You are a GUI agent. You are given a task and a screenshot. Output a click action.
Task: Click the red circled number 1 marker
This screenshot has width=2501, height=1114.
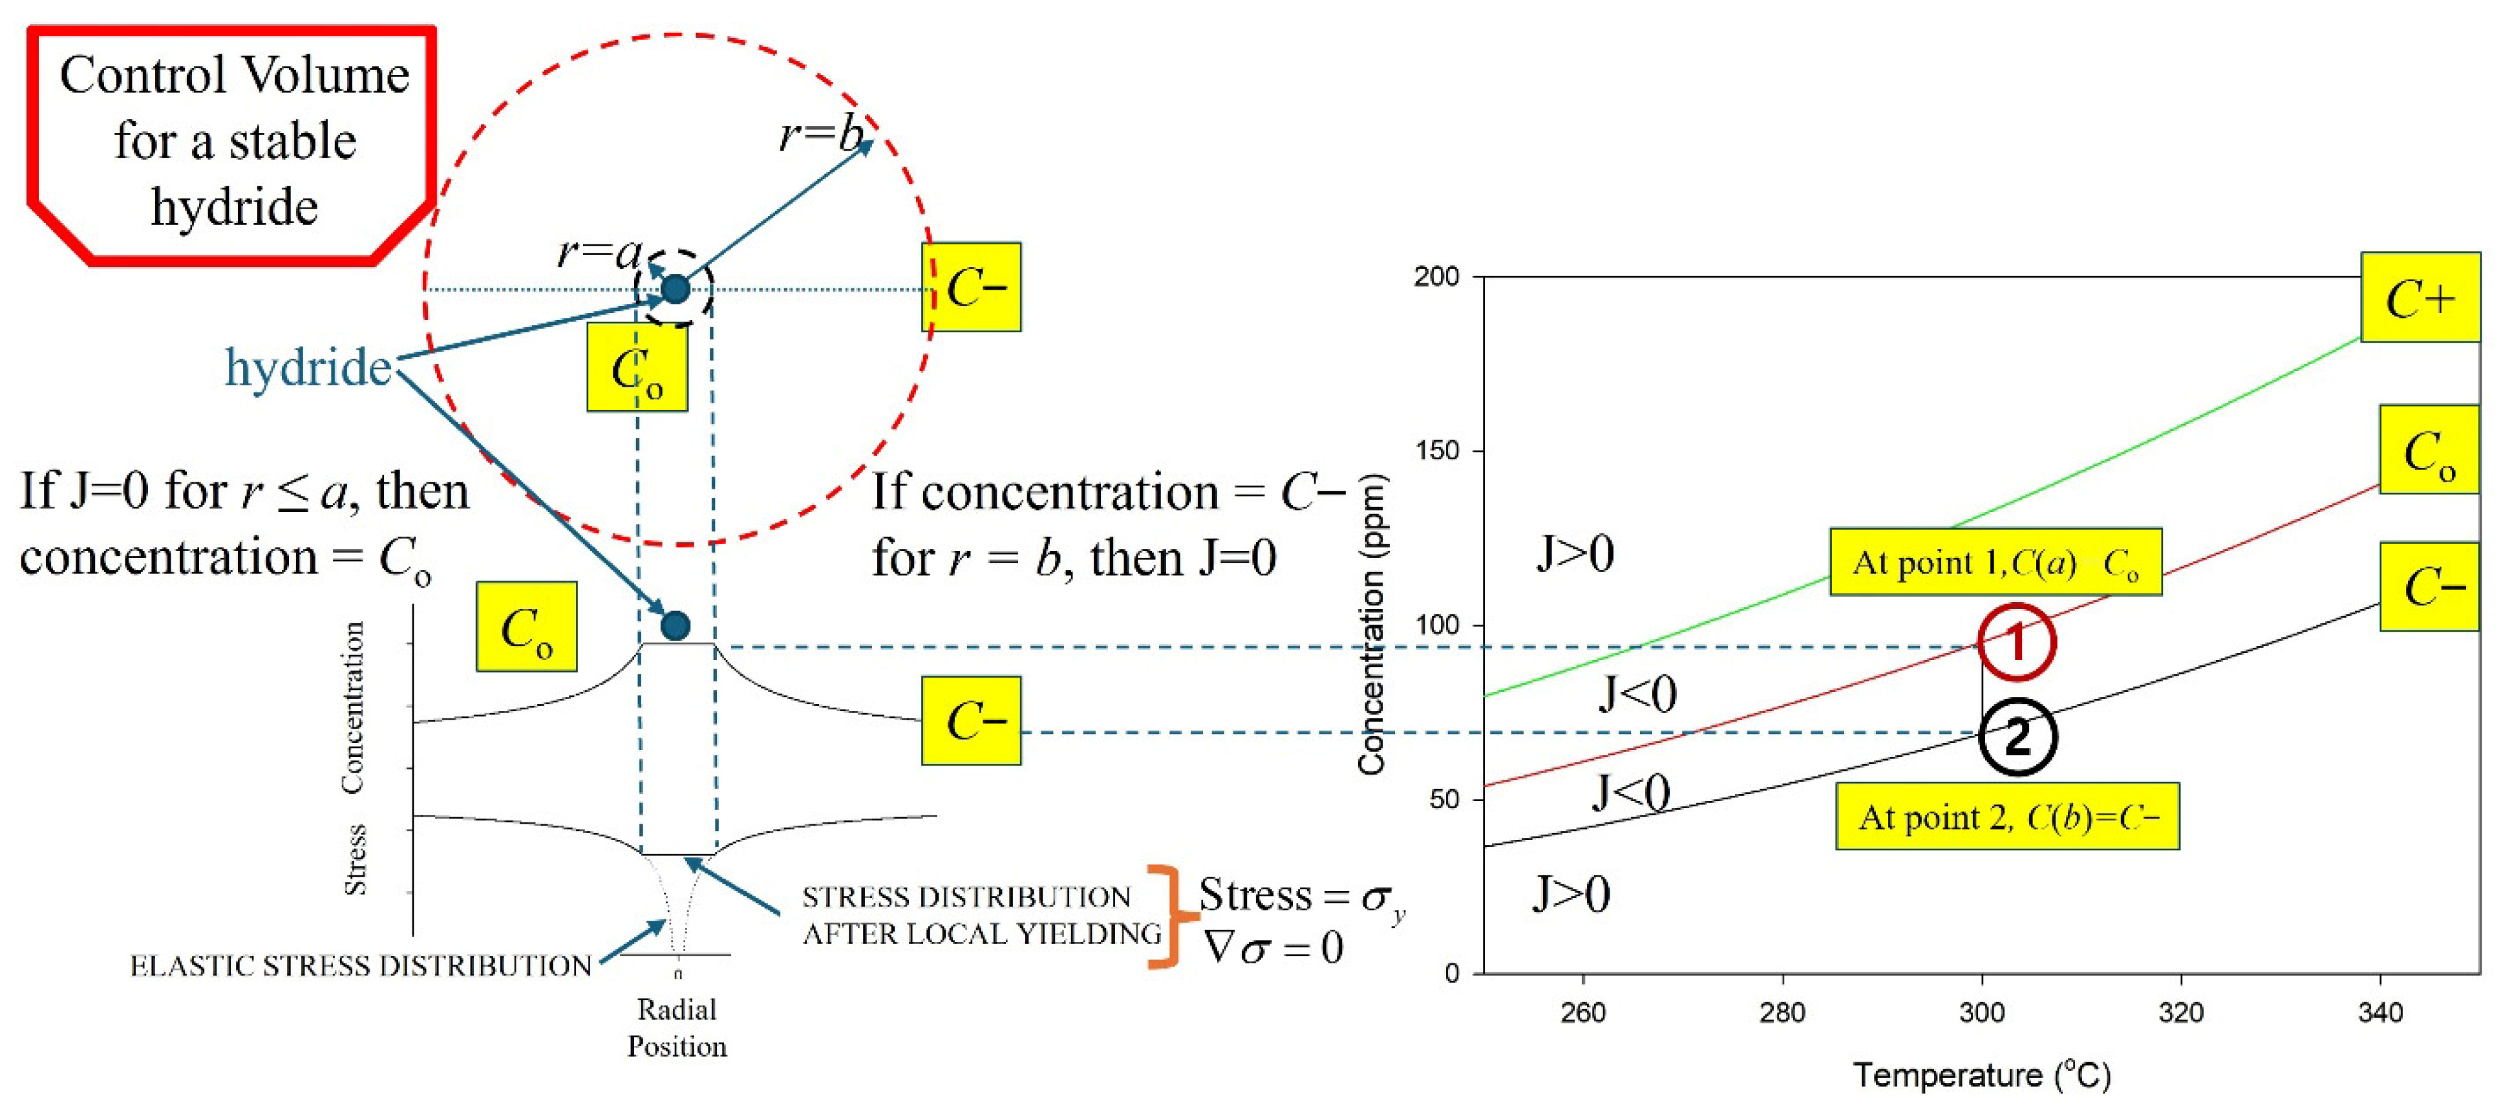point(2017,642)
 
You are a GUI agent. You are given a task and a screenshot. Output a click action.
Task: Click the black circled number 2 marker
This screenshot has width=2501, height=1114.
point(2017,737)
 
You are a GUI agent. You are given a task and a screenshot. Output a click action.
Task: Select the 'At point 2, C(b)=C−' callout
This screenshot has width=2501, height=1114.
point(2007,817)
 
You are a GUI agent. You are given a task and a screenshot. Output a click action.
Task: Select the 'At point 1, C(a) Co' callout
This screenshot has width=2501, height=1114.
point(1995,562)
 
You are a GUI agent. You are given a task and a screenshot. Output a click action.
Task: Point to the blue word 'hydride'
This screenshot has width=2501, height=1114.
point(308,367)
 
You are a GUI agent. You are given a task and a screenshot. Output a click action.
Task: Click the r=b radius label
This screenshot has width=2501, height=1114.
point(820,134)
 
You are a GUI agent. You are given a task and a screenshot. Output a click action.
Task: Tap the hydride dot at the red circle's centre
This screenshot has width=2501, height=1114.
point(675,288)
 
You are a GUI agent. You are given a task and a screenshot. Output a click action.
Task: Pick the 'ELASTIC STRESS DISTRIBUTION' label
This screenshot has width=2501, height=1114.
point(360,965)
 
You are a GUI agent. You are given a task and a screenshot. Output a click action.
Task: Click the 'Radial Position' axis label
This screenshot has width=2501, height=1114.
point(677,1027)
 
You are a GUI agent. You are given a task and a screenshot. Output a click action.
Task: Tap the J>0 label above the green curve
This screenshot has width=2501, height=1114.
point(1574,553)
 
